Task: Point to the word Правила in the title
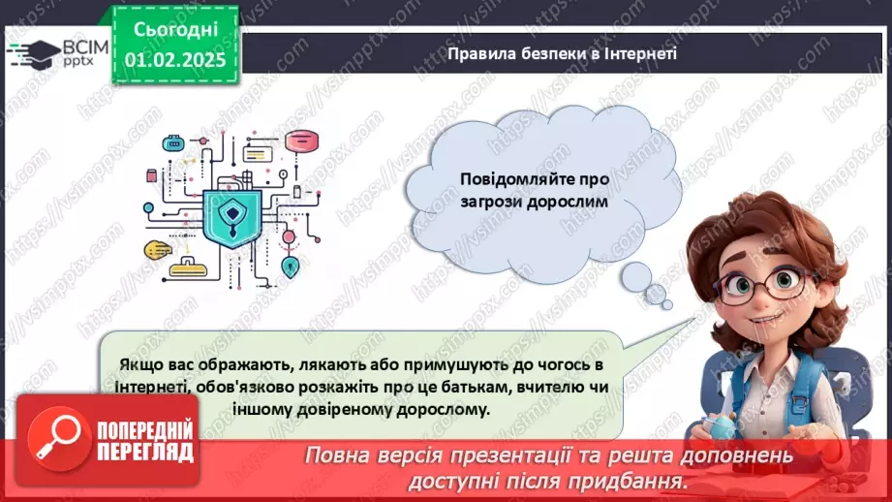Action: (476, 53)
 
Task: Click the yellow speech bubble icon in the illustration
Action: (158, 251)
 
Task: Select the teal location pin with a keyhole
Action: (289, 265)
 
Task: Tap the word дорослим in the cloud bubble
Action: (572, 204)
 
